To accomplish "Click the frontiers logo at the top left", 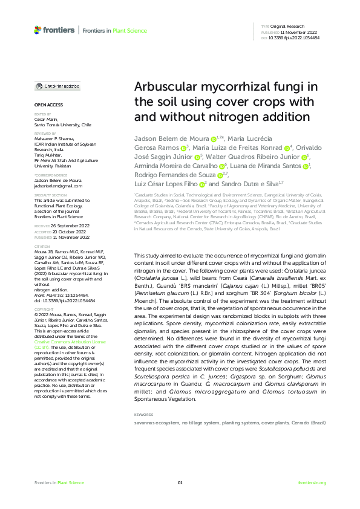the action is coord(55,29).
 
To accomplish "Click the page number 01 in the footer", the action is coord(180,482).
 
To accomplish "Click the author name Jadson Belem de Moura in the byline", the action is coord(171,139).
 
